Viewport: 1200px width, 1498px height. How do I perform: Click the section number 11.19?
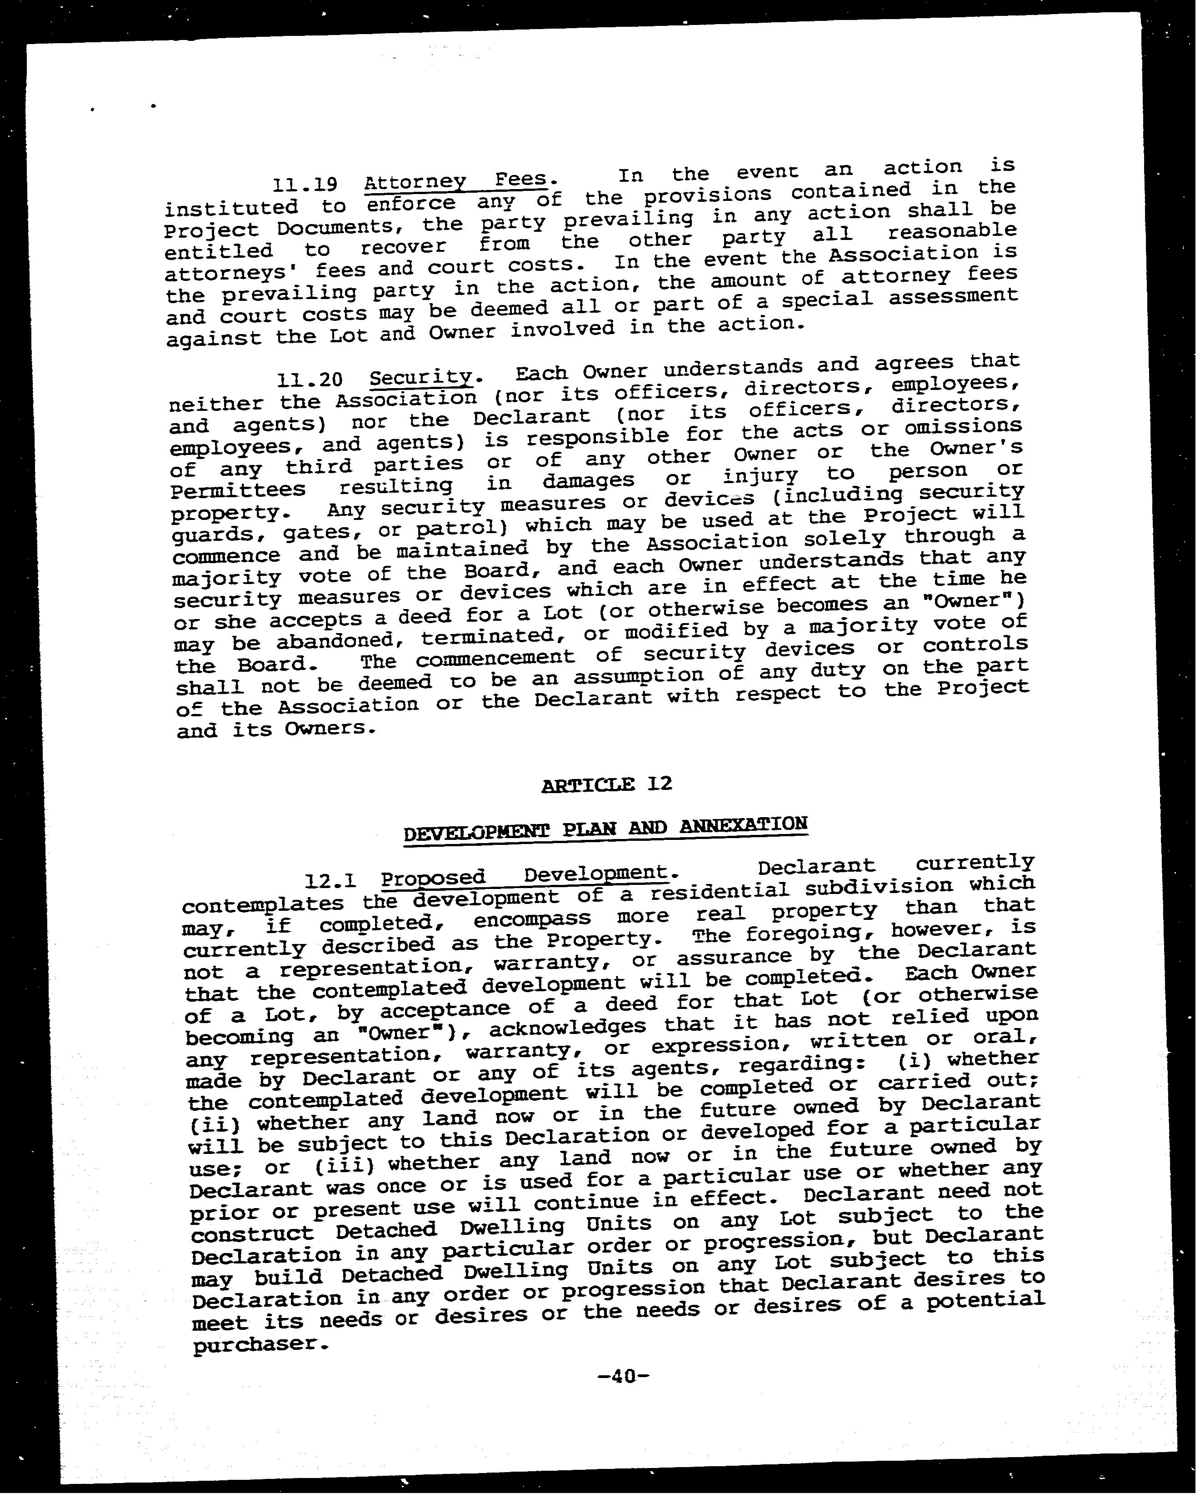(x=305, y=185)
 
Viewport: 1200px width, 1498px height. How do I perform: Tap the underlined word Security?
(x=420, y=377)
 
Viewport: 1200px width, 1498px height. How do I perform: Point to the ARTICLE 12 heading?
(x=607, y=784)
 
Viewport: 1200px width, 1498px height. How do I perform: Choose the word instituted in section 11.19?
(x=231, y=208)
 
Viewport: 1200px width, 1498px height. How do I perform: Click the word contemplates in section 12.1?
(x=263, y=904)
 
